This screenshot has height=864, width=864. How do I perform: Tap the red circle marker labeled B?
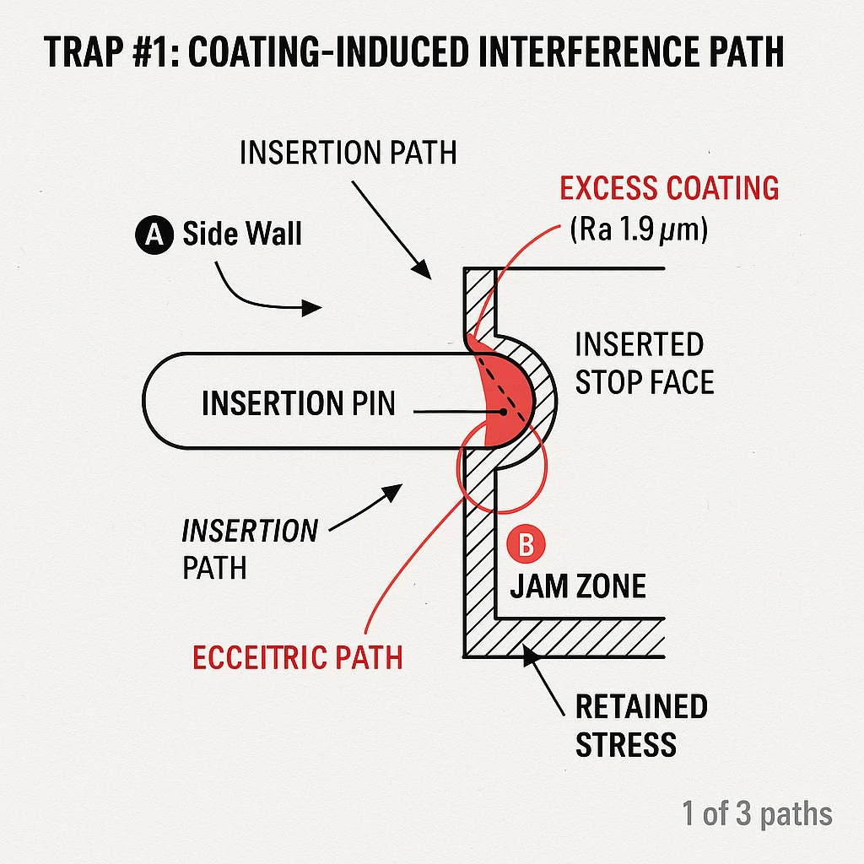pyautogui.click(x=525, y=544)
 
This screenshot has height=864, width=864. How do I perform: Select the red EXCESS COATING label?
pyautogui.click(x=669, y=188)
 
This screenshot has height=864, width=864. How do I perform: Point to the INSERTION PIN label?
pyautogui.click(x=298, y=403)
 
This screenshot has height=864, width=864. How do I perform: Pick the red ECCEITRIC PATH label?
pyautogui.click(x=298, y=658)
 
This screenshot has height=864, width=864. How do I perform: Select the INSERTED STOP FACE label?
pyautogui.click(x=644, y=363)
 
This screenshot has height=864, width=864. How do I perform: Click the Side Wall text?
pyautogui.click(x=241, y=234)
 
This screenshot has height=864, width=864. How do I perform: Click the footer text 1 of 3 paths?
pyautogui.click(x=757, y=814)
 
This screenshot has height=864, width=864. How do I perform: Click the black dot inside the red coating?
pyautogui.click(x=503, y=413)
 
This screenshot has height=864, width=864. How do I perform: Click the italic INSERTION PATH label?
pyautogui.click(x=250, y=548)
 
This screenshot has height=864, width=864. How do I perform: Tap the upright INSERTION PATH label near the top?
pyautogui.click(x=348, y=153)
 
